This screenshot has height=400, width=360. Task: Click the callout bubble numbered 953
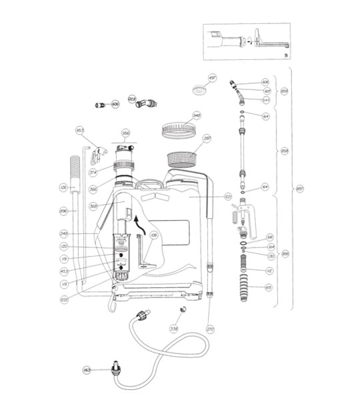[79, 130]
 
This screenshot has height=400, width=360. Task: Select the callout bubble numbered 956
[125, 132]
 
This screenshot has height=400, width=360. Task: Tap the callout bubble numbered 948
[197, 115]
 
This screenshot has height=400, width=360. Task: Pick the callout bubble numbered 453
[64, 271]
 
